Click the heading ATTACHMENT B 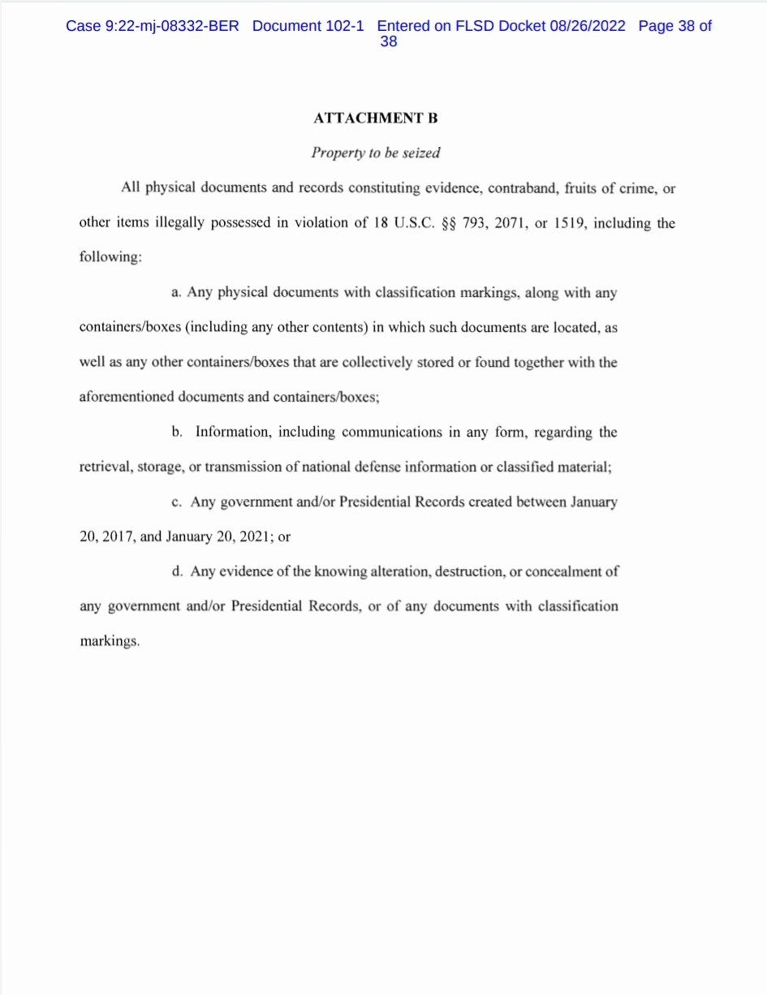coord(375,118)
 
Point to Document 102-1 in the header coord(308,26)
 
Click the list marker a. coord(176,293)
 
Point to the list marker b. coord(177,432)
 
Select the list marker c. coord(176,502)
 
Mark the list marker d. coord(177,571)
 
